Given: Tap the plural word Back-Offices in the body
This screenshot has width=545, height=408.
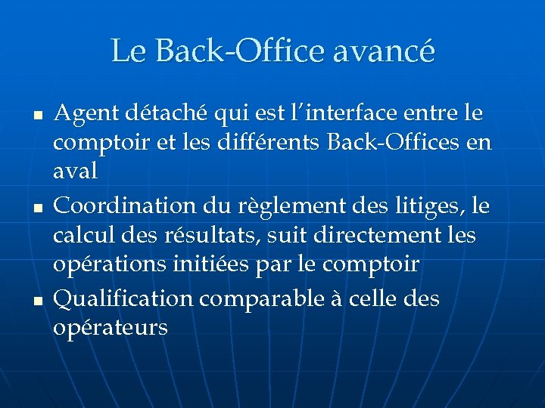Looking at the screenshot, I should tap(388, 143).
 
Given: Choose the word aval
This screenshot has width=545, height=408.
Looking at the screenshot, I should tap(76, 172).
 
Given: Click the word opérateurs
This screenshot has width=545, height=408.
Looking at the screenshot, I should tap(111, 328).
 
